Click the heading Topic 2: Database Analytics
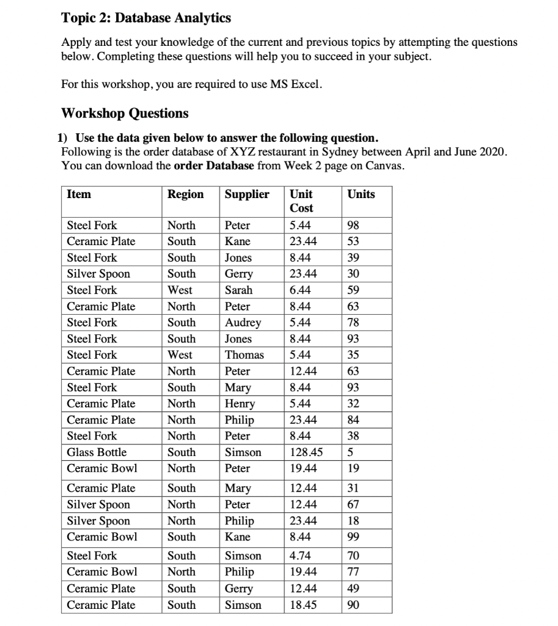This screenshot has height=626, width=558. coord(146,18)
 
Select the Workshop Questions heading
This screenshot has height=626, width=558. coord(125,113)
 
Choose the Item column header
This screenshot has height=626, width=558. coord(79,194)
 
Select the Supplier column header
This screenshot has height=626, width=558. coord(247,194)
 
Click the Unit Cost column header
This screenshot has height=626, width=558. coord(301,201)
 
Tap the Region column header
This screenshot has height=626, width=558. coord(186,194)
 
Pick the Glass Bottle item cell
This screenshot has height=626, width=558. coord(97,452)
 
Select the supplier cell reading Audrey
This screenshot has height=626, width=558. coord(243,322)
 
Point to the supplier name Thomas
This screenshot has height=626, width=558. coord(244,355)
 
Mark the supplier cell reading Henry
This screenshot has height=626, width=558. coord(240,403)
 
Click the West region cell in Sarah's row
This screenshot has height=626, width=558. coord(180,290)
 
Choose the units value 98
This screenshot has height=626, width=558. coord(353,225)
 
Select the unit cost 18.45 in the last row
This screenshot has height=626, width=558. coord(303,605)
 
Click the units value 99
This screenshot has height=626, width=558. coord(353,537)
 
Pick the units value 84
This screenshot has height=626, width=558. coord(353,420)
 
